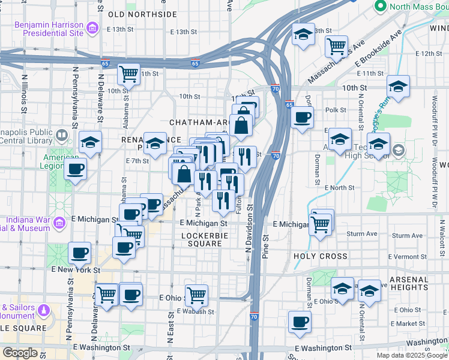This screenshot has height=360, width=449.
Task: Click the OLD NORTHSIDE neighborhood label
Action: coord(143,14)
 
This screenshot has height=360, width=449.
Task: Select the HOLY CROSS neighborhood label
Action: coord(320,256)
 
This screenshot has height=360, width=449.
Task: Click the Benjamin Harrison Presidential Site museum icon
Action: coord(91,28)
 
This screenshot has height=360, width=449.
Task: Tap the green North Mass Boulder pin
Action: coord(379,7)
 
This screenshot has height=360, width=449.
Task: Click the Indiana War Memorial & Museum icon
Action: coord(59,224)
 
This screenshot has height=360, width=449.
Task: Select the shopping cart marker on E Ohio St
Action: coord(196,295)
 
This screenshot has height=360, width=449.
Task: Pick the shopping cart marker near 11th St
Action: coord(128,74)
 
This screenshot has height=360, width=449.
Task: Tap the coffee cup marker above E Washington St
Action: coord(299,321)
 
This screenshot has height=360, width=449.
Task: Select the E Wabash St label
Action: coord(196,311)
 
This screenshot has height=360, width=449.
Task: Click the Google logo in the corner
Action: coord(20,353)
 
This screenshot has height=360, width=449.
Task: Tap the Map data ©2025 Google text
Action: coord(412,355)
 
